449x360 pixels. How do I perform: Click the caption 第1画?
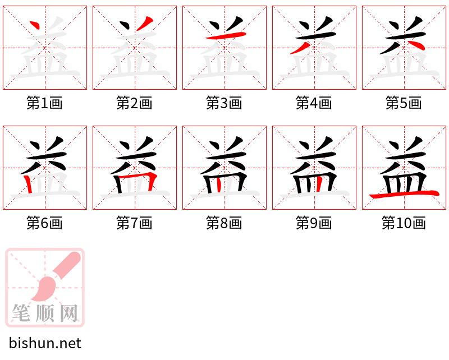point(45,103)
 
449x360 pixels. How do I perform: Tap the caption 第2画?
point(135,103)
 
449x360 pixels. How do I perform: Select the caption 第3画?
point(224,103)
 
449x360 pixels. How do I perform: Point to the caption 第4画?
point(314,103)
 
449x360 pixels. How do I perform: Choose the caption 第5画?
point(404,103)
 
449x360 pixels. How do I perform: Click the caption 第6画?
point(45,224)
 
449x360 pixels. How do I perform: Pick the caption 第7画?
point(135,224)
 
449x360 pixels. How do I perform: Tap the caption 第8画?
point(224,224)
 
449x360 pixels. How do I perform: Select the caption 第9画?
point(314,224)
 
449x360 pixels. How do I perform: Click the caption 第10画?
point(404,224)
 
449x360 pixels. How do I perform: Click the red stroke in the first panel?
point(35,26)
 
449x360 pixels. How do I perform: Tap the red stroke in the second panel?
point(144,24)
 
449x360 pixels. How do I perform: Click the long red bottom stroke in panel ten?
point(404,194)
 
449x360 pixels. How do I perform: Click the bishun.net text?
point(45,343)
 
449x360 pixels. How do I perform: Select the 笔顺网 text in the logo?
point(45,313)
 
